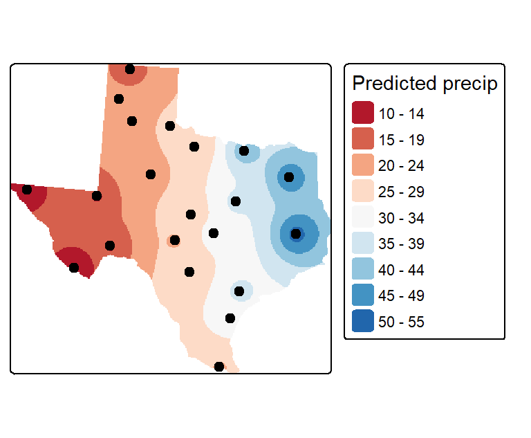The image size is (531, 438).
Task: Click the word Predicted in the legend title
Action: click(395, 83)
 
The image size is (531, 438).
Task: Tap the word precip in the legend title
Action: click(470, 84)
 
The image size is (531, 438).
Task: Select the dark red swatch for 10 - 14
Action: click(363, 113)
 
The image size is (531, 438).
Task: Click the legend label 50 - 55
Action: click(401, 322)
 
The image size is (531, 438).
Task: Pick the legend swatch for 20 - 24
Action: click(363, 165)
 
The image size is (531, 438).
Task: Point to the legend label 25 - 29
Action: click(401, 192)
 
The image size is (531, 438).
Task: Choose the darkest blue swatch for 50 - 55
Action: click(363, 320)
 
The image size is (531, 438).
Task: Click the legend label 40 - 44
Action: click(401, 270)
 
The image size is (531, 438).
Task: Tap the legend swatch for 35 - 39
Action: click(363, 243)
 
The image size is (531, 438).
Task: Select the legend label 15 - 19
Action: click(401, 140)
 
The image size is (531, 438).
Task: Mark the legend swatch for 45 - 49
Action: click(363, 295)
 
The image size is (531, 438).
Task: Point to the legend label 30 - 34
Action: click(401, 218)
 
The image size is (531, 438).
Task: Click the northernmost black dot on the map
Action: click(130, 69)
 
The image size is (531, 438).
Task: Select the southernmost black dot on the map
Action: click(219, 367)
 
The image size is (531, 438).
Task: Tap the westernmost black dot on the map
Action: click(27, 190)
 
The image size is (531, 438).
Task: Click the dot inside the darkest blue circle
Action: click(296, 234)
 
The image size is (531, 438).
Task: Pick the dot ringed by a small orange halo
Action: click(175, 240)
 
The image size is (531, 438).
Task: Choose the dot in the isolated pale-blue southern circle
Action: click(239, 291)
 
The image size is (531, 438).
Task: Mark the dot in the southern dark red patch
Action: click(74, 268)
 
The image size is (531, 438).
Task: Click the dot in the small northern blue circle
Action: click(244, 151)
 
